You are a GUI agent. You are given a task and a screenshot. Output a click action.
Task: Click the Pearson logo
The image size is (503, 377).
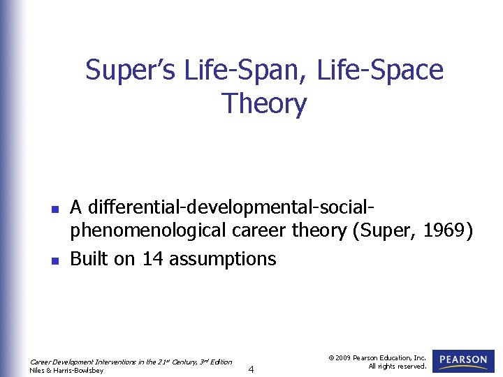click(x=463, y=360)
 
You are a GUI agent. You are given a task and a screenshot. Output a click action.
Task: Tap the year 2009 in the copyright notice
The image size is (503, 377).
click(x=343, y=357)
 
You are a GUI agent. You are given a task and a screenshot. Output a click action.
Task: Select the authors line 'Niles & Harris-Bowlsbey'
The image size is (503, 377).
click(x=67, y=370)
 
